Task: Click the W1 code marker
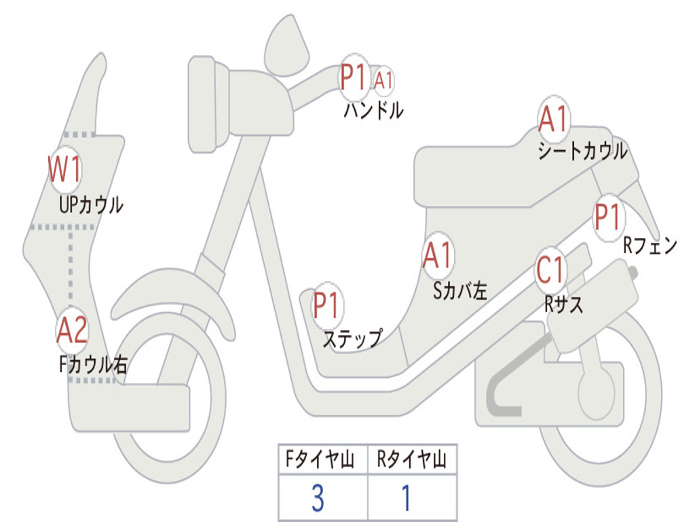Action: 64,169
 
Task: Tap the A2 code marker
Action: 72,330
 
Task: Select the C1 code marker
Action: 550,271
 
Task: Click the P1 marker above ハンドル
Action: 354,77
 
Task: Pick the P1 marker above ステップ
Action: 328,306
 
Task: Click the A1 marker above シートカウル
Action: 554,120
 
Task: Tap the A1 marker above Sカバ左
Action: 438,256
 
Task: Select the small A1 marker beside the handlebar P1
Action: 383,80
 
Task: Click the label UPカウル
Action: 91,205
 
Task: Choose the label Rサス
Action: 563,304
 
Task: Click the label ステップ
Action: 352,338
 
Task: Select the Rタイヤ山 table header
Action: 412,461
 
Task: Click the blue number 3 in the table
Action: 317,498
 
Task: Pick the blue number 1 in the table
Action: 406,498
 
